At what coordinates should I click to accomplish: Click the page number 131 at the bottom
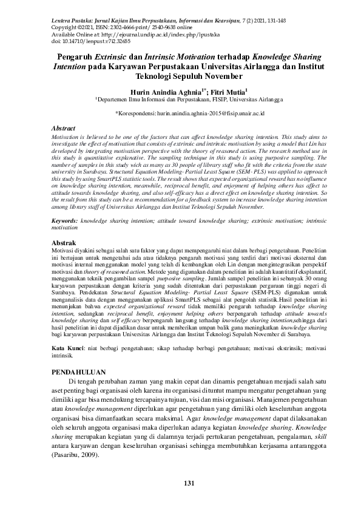coord(180,482)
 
